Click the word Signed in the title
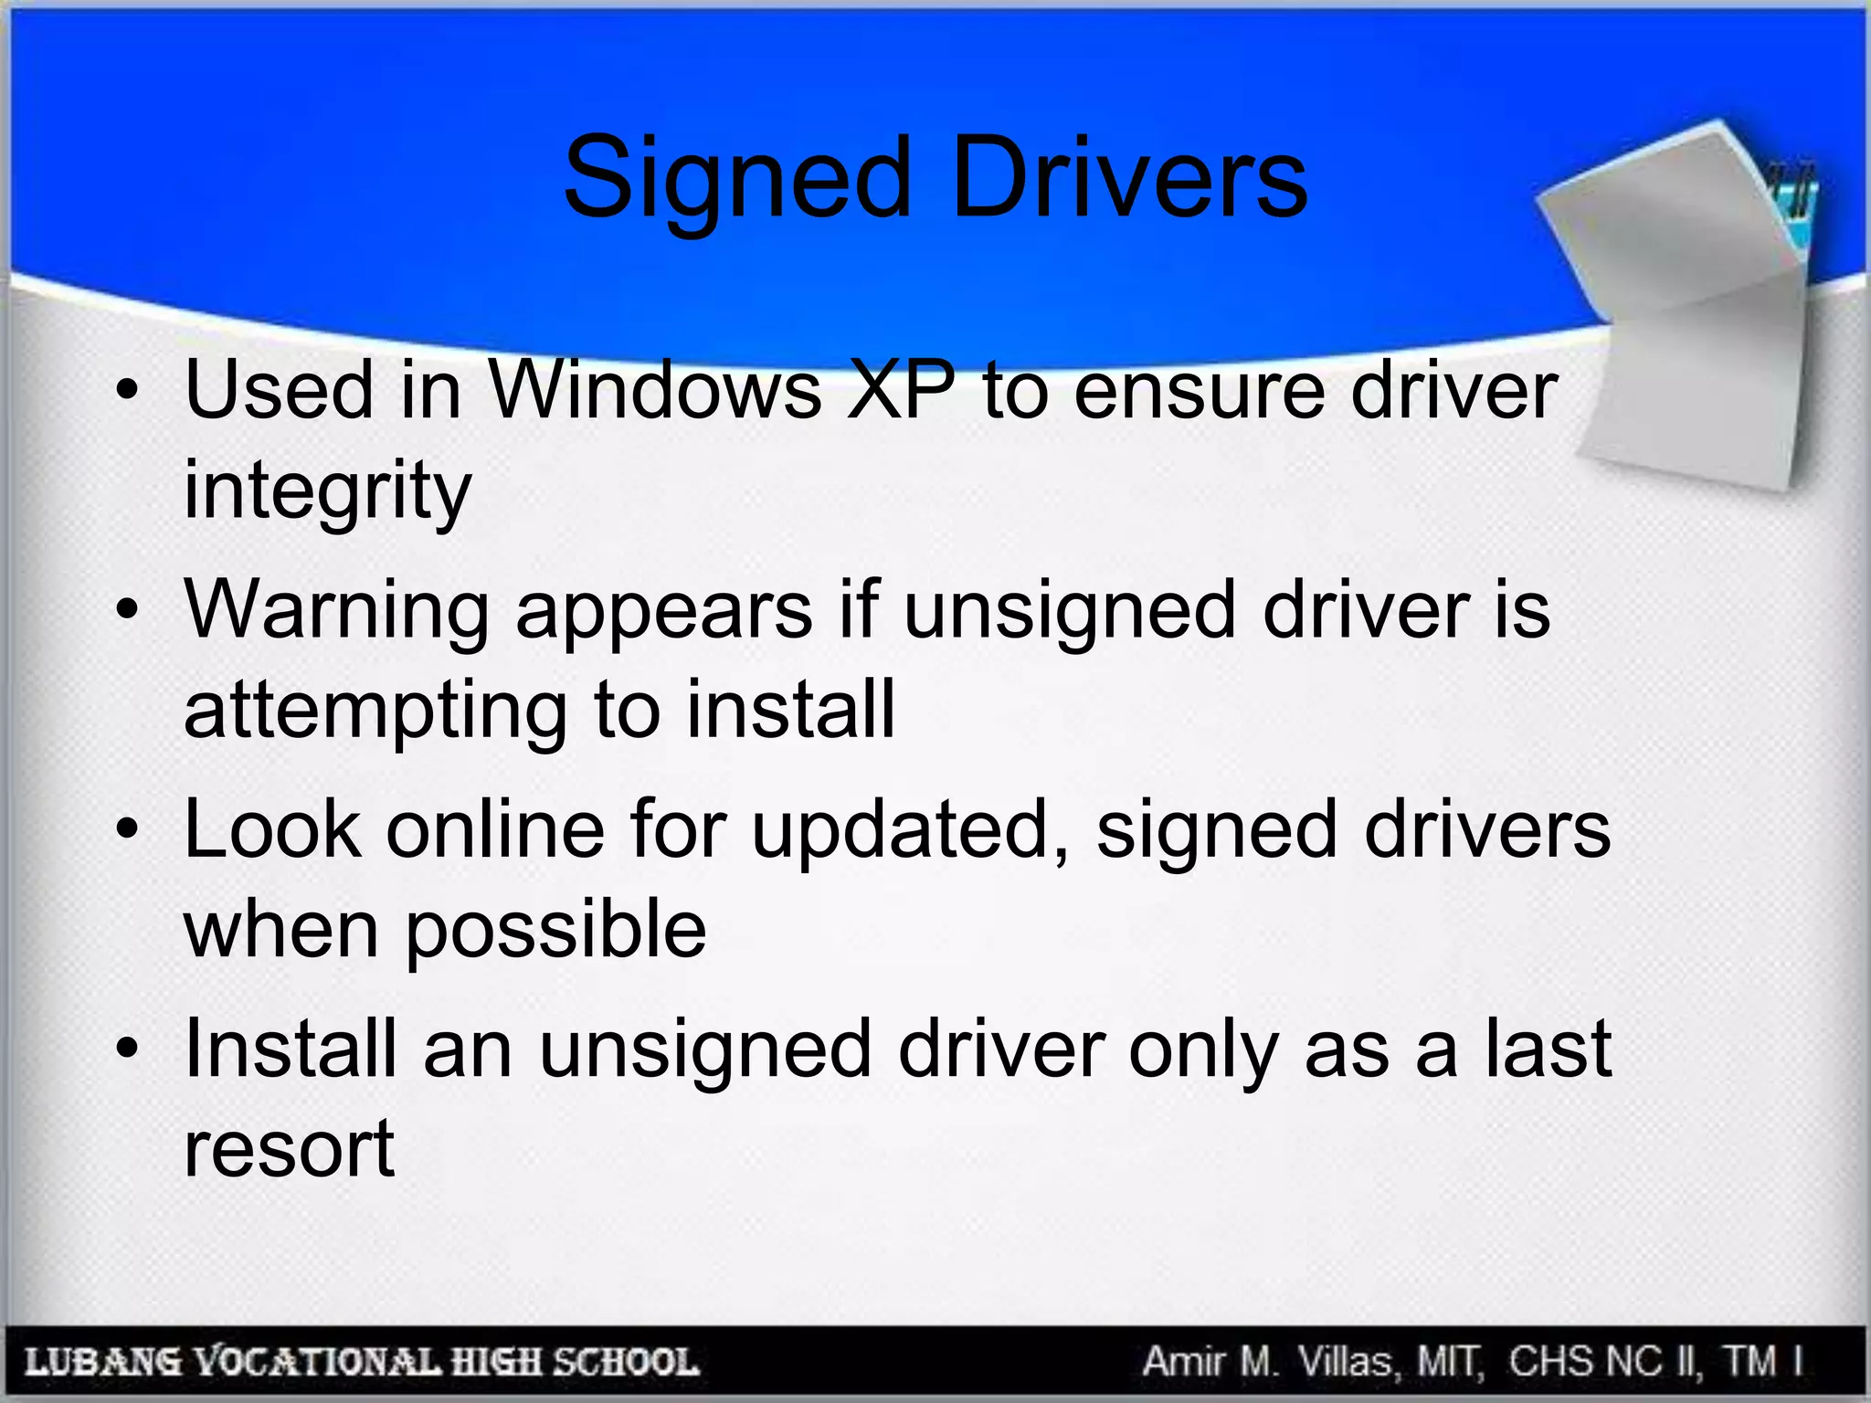(736, 179)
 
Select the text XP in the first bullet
(901, 391)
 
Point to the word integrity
(327, 491)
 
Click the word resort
(289, 1149)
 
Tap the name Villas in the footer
(1345, 1361)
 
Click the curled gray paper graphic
(1681, 311)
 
